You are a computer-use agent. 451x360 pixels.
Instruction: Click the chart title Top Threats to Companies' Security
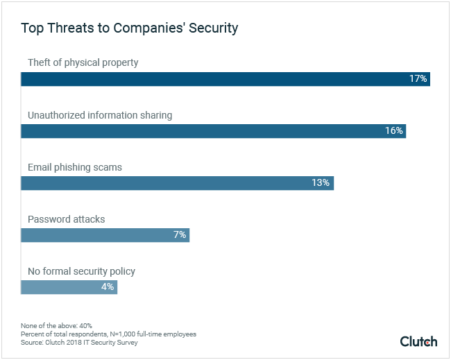point(130,28)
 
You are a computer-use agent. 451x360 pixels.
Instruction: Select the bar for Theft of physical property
point(208,79)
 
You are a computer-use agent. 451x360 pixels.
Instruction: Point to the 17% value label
point(418,79)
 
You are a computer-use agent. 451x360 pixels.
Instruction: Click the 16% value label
point(394,131)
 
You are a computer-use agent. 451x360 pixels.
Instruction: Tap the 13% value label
point(320,183)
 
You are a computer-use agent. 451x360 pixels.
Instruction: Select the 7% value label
point(179,235)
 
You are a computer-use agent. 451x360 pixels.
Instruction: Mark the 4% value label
point(107,287)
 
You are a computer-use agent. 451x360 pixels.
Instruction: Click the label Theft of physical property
point(83,63)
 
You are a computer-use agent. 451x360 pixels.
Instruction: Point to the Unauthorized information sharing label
point(100,115)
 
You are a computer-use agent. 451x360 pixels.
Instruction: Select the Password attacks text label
point(66,219)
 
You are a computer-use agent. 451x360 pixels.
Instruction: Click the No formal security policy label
point(81,271)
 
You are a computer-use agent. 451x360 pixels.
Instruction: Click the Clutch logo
point(418,341)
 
